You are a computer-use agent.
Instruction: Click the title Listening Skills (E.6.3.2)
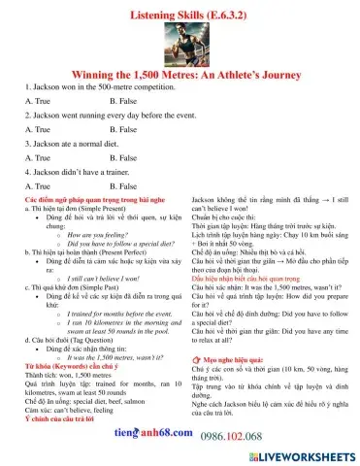[x=180, y=8]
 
